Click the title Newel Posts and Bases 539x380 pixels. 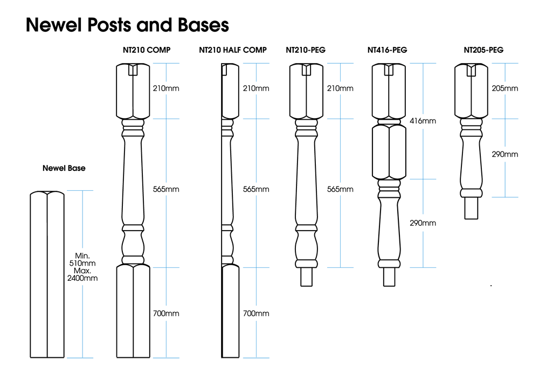(127, 25)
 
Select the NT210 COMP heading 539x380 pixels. (147, 50)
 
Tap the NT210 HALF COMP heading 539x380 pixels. (233, 50)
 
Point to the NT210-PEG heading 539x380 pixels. (306, 50)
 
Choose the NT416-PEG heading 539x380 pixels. (387, 50)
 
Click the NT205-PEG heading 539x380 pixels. (483, 50)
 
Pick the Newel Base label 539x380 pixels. (64, 168)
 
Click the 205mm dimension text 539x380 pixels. (505, 88)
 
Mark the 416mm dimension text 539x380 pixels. (423, 121)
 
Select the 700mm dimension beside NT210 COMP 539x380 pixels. (165, 313)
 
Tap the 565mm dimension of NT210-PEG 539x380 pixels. (340, 189)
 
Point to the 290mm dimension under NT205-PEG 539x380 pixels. (505, 154)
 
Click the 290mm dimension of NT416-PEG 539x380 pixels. (423, 223)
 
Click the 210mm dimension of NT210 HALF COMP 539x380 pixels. (256, 88)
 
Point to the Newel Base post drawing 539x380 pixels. (47, 275)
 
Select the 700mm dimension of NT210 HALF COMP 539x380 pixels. (256, 313)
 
